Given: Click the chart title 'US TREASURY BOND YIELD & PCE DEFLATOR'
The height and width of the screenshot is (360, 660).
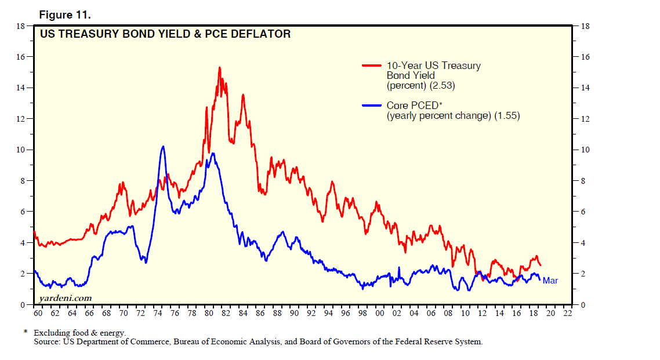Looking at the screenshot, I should pos(165,34).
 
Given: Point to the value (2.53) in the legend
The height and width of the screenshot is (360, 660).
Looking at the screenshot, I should pos(442,86).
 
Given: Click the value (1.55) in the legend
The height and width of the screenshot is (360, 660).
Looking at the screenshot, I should pos(507,116).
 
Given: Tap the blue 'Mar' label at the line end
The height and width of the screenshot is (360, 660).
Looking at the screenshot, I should pos(550,281).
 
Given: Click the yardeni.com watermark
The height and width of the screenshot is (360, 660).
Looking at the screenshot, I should pos(65,298).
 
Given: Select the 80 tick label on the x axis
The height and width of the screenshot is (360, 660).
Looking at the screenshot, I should pos(209,314).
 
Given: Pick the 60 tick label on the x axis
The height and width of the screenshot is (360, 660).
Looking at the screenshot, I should pos(38,314).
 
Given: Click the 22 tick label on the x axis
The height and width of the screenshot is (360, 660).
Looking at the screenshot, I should pos(568,314).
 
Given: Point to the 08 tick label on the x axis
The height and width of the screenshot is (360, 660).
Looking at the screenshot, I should pos(448,314).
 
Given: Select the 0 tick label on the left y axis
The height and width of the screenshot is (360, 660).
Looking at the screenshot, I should pos(23,305).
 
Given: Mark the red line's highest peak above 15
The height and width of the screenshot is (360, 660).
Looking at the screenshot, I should pos(220,68).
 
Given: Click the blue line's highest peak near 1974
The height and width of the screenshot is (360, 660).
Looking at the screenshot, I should pos(163,147).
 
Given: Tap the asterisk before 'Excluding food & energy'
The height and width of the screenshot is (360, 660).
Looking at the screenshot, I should pos(26,333).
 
